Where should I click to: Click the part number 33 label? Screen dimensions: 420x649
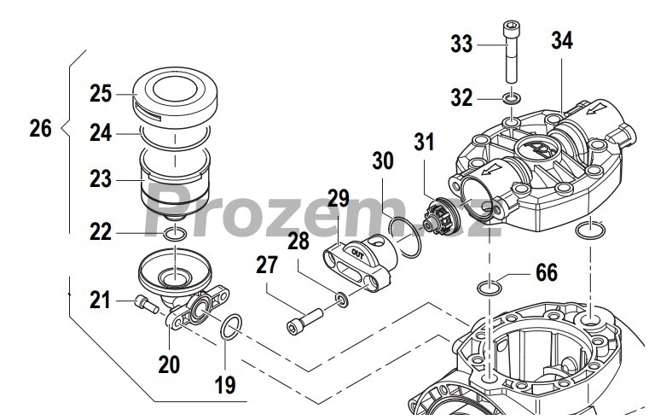[x=461, y=44]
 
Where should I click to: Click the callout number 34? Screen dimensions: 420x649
[x=562, y=40]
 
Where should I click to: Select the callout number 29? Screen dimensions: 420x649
[x=339, y=199]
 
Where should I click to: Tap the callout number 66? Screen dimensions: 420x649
[x=547, y=272]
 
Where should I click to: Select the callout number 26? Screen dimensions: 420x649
[x=40, y=129]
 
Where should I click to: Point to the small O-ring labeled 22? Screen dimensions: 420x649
[x=174, y=234]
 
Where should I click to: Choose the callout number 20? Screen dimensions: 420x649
[x=169, y=365]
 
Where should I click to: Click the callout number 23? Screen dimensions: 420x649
[x=101, y=180]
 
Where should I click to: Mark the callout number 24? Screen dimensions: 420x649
[x=101, y=133]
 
